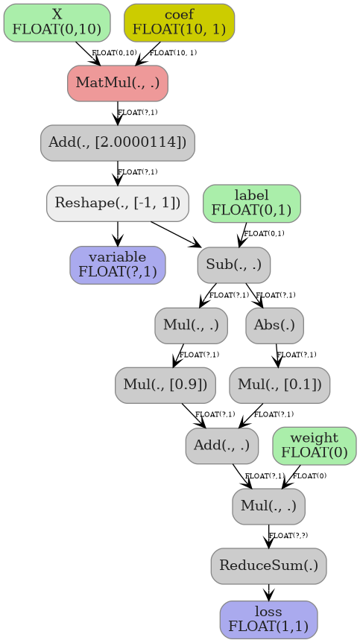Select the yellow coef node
(179, 22)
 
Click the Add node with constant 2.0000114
(117, 143)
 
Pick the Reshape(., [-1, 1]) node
(117, 203)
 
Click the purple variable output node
(117, 265)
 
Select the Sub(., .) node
(233, 265)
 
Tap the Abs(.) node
(274, 325)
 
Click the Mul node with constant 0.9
(165, 385)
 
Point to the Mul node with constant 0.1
(280, 385)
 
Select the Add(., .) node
(221, 446)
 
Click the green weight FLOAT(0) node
(314, 446)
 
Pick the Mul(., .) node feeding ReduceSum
(268, 506)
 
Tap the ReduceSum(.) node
(268, 566)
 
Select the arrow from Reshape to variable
(117, 234)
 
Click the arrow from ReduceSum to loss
(268, 593)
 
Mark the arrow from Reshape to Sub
(176, 234)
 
